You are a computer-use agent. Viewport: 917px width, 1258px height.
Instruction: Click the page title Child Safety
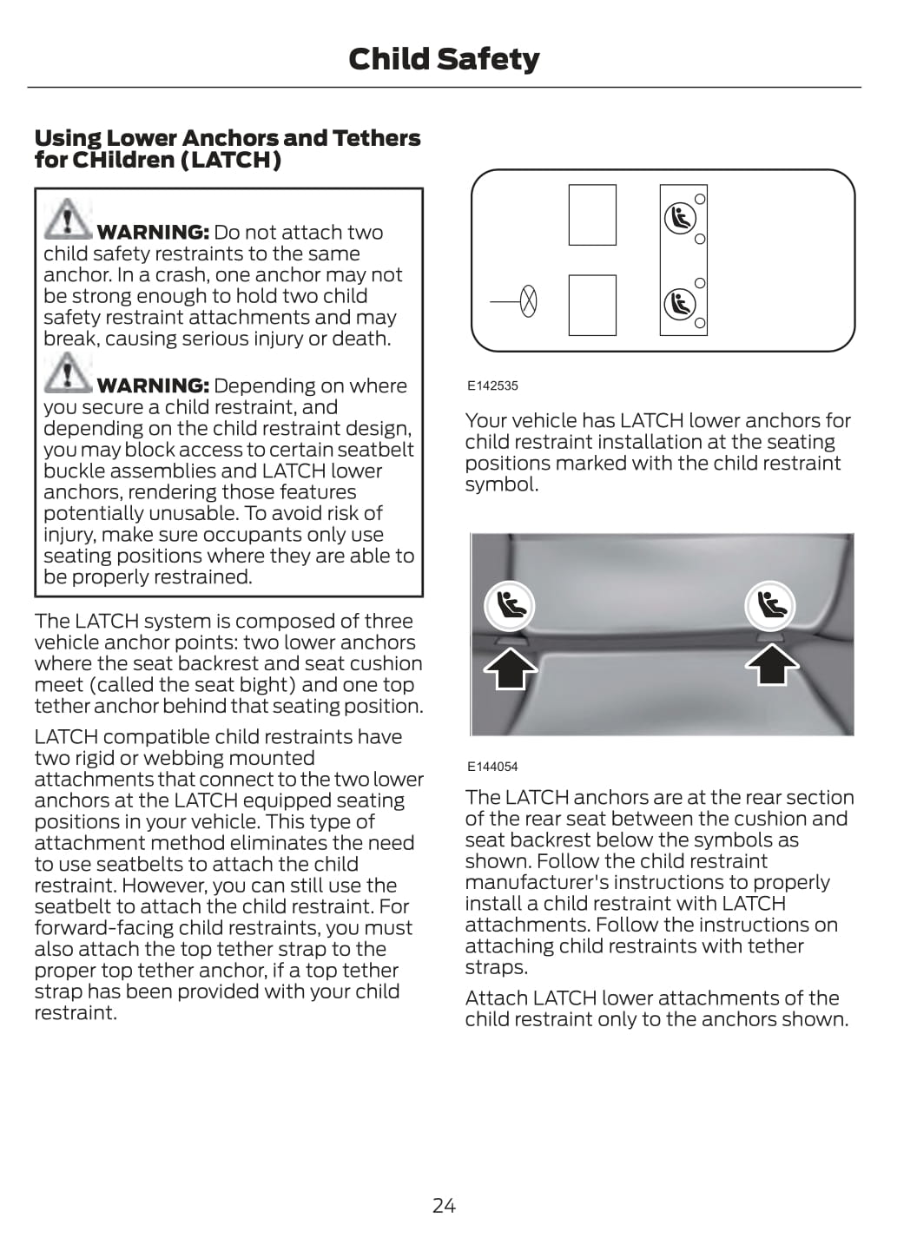[444, 59]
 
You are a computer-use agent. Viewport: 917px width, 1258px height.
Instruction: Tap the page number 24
[444, 1205]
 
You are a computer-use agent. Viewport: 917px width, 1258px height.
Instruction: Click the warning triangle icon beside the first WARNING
[67, 219]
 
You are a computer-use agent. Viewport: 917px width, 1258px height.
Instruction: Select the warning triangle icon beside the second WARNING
[67, 372]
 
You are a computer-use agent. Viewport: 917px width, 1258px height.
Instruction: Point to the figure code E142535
[492, 385]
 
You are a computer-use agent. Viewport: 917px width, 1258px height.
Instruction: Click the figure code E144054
[492, 767]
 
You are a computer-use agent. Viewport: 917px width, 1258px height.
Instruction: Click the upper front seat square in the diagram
[592, 214]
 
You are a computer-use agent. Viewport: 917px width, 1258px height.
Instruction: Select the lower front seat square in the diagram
[592, 305]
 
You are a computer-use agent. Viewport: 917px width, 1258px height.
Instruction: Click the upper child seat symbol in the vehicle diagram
[679, 218]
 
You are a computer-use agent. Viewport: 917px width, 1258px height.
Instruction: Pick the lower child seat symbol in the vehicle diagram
[679, 304]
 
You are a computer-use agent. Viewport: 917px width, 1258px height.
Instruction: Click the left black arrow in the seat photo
[511, 669]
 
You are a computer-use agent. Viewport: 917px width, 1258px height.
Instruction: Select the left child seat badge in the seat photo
[509, 604]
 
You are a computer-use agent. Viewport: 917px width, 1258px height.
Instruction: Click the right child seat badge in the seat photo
[769, 604]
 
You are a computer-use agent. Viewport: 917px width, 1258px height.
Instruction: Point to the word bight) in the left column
[261, 685]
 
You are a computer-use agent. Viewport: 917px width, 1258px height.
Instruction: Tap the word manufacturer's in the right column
[531, 883]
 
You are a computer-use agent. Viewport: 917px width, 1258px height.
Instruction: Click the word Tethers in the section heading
[376, 138]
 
